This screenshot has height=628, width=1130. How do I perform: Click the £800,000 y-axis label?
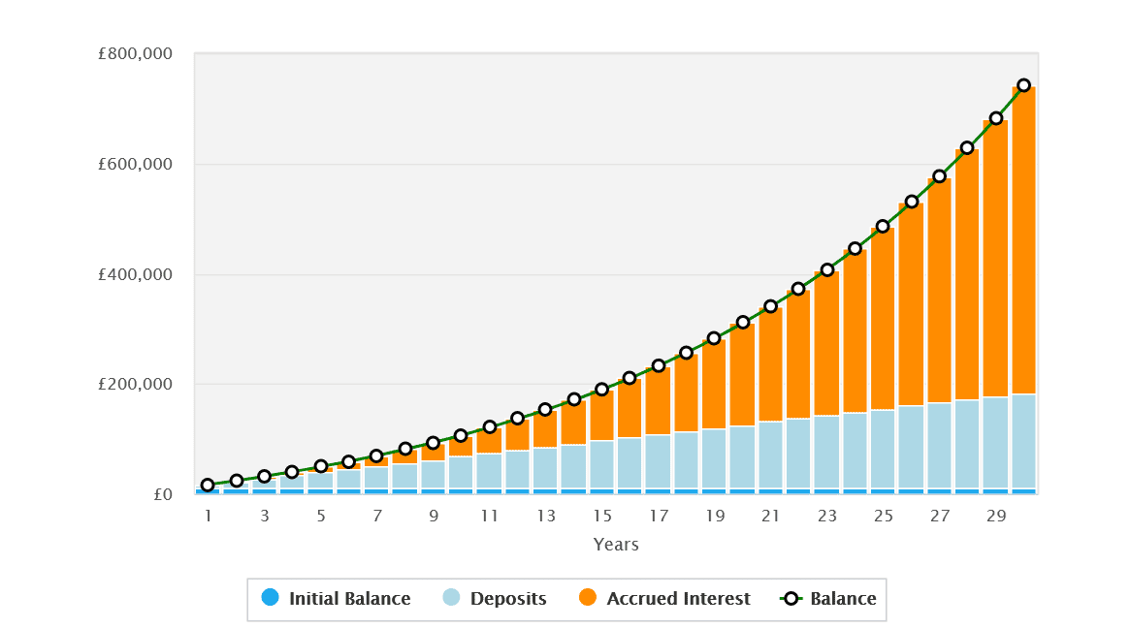[135, 54]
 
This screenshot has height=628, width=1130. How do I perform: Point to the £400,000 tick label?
[135, 275]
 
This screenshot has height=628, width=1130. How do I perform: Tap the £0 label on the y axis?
[162, 495]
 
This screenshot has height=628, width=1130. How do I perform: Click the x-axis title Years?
[616, 545]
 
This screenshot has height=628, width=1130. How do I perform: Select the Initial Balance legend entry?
[337, 598]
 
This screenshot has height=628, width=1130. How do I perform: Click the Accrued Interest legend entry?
[664, 598]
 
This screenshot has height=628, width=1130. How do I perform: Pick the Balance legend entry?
[828, 598]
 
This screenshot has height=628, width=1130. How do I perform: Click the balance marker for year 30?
[1023, 85]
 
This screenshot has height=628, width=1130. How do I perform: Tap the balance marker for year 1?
[208, 485]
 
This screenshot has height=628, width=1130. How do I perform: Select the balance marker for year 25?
[883, 227]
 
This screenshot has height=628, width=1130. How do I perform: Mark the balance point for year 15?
[601, 390]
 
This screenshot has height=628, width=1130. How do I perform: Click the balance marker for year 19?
[714, 338]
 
